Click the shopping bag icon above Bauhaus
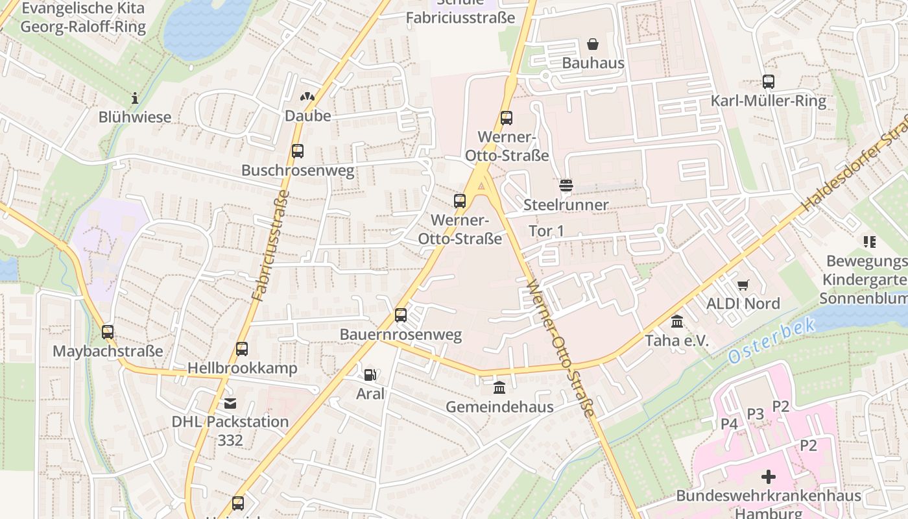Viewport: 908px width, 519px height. pos(592,44)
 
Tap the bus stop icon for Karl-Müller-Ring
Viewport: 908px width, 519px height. pos(769,82)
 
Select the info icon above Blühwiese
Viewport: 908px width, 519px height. pos(135,98)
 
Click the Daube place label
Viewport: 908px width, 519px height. pos(308,115)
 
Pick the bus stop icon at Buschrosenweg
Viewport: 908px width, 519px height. pos(298,151)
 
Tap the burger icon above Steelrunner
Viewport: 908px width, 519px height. pos(566,186)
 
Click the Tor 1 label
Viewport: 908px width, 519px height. pos(546,231)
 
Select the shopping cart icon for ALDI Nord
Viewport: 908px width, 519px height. pos(743,285)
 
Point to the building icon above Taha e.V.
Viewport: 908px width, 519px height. pos(677,322)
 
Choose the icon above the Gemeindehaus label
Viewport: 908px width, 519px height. pos(499,388)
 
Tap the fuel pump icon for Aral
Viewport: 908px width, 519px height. pos(370,374)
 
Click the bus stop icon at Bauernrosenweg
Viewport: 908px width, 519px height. pos(401,315)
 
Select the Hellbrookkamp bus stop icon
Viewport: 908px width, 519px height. pos(242,349)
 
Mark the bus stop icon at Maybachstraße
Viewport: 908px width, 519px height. pos(108,332)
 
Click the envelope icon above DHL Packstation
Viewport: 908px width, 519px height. pos(230,404)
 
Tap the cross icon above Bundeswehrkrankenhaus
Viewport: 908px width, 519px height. pos(769,477)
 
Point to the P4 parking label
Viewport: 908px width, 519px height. pos(729,424)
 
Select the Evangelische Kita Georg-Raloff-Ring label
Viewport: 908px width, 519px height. pos(83,18)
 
